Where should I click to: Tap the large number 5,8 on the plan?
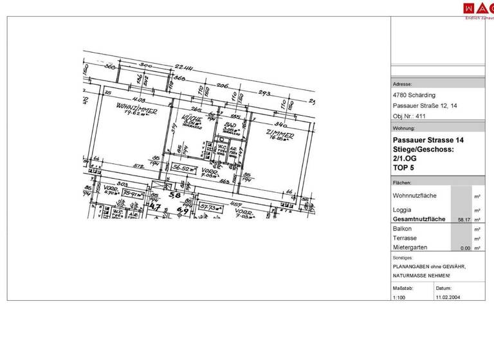(x=174, y=194)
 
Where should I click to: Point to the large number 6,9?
(x=183, y=210)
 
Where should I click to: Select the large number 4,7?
(x=155, y=206)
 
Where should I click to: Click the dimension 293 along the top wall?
(x=264, y=93)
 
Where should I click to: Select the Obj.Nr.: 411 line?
(x=409, y=116)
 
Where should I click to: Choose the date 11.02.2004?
(x=448, y=298)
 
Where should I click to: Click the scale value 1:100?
(x=399, y=298)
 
